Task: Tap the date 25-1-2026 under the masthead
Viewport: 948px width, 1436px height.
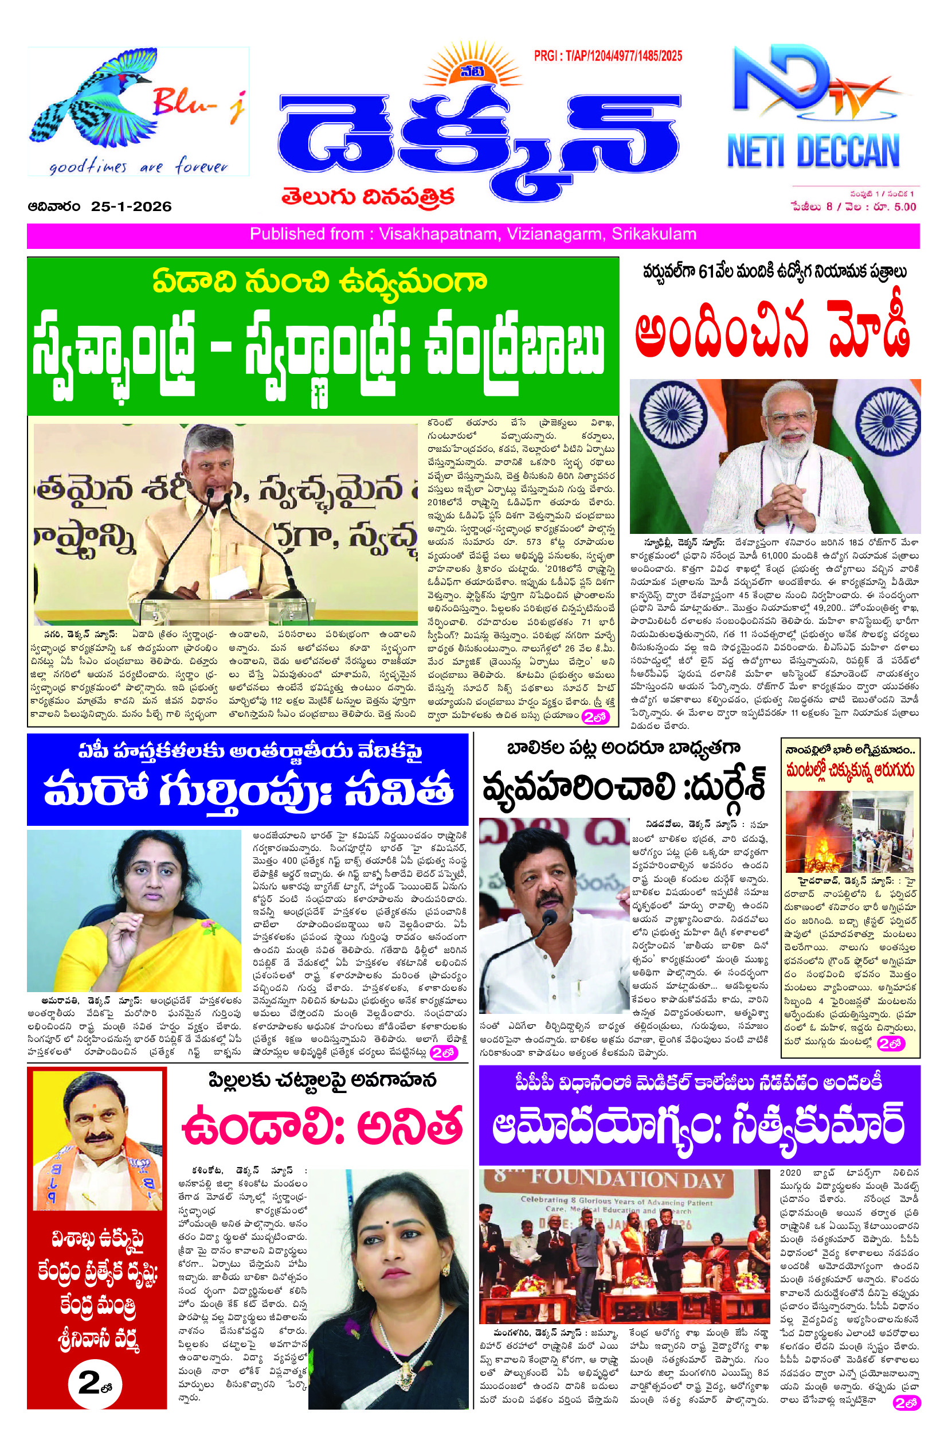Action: (131, 207)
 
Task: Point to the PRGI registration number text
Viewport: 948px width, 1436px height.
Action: (608, 56)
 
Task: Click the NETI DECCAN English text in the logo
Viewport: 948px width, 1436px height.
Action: (813, 151)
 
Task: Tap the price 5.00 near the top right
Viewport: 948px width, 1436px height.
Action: (904, 207)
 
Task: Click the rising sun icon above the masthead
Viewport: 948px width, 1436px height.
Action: (464, 71)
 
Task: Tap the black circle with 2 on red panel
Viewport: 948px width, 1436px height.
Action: (97, 1382)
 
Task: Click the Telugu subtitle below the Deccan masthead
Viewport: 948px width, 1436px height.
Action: (367, 198)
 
